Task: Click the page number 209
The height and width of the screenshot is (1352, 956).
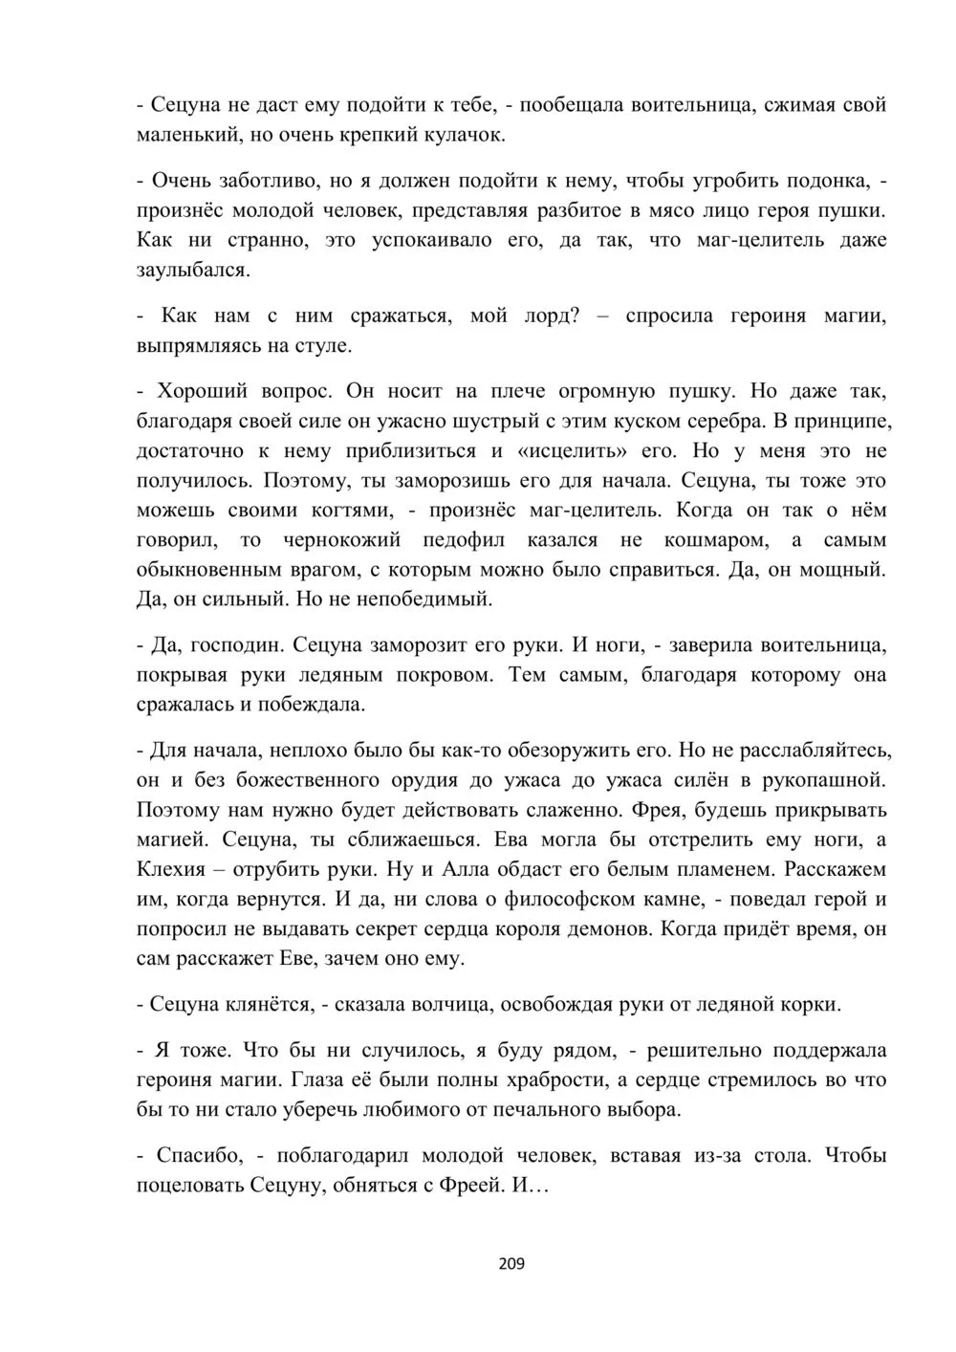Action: click(511, 1264)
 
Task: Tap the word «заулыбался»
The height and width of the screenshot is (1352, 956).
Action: click(193, 271)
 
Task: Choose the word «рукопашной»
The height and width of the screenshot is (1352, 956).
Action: click(824, 779)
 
